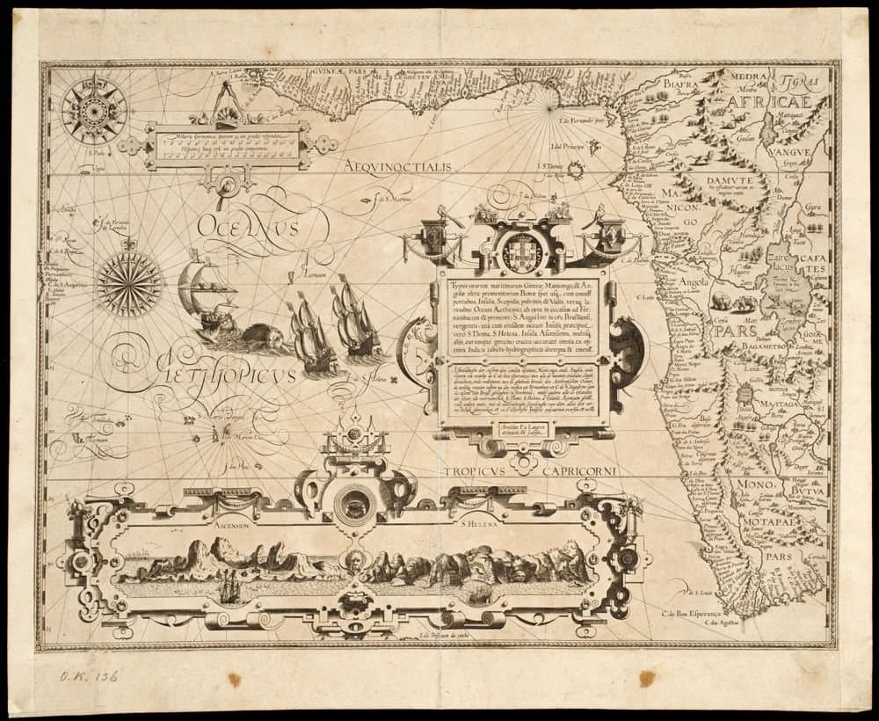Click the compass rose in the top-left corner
(x=94, y=111)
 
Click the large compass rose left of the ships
(x=130, y=283)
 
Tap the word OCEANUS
(x=249, y=224)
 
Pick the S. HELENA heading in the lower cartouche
(x=479, y=528)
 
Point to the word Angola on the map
(x=695, y=282)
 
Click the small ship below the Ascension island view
(x=230, y=586)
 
